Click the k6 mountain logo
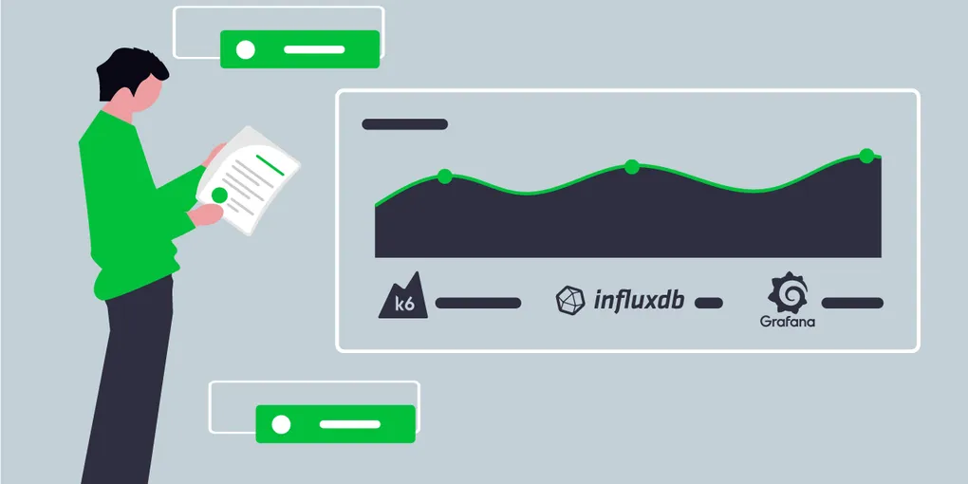[x=402, y=298]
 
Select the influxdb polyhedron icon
[x=571, y=300]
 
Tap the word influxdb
[x=639, y=301]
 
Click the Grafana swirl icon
[x=788, y=293]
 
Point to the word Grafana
[x=788, y=322]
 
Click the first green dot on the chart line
[x=444, y=176]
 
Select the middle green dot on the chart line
[x=631, y=167]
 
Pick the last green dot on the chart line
[x=866, y=155]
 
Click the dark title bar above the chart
[x=404, y=124]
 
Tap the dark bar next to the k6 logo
[x=477, y=303]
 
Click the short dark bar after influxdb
[x=708, y=303]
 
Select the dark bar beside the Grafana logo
[x=852, y=303]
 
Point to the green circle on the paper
[x=220, y=195]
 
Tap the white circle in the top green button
[x=246, y=49]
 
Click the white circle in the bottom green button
[x=281, y=424]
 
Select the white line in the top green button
[x=314, y=48]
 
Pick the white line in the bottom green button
[x=349, y=424]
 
